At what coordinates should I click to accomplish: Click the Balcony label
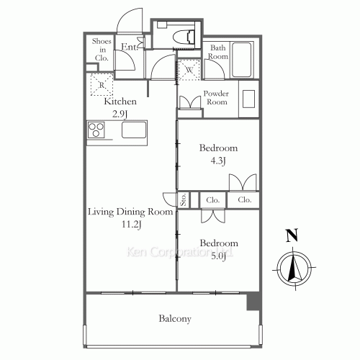(x=174, y=318)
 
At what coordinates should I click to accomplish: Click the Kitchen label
(x=120, y=102)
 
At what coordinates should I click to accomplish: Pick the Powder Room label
(x=215, y=98)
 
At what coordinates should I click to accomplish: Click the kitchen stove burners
(x=97, y=130)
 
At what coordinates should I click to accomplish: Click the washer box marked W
(x=189, y=69)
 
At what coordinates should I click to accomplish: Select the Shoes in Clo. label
(x=100, y=50)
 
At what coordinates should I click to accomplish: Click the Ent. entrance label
(x=129, y=48)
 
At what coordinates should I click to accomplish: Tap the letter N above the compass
(x=292, y=235)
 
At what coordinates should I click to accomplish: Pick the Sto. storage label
(x=184, y=199)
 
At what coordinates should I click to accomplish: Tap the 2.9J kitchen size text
(x=120, y=113)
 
